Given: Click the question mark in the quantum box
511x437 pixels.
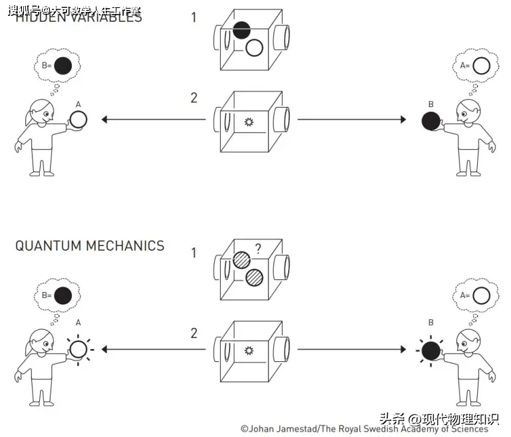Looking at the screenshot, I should [257, 249].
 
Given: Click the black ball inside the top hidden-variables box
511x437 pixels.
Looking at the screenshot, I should [242, 29].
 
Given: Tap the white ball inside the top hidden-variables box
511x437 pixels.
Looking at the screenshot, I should [254, 48].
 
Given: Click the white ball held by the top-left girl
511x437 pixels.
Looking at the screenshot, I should [79, 120].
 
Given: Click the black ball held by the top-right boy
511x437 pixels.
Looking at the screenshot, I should [430, 121].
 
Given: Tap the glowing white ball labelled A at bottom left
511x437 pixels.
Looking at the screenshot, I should [79, 349].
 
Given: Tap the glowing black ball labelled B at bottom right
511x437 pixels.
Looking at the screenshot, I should [430, 350].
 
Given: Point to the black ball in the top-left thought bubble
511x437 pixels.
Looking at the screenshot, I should [63, 66].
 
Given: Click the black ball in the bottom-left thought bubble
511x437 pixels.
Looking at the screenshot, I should [63, 295].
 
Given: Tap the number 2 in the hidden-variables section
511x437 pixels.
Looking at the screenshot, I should [194, 98].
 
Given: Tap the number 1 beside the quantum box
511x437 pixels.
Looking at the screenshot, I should [194, 253].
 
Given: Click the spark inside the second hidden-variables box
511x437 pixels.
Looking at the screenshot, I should [250, 122].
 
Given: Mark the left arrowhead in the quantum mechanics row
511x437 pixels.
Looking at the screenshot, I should [105, 349].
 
